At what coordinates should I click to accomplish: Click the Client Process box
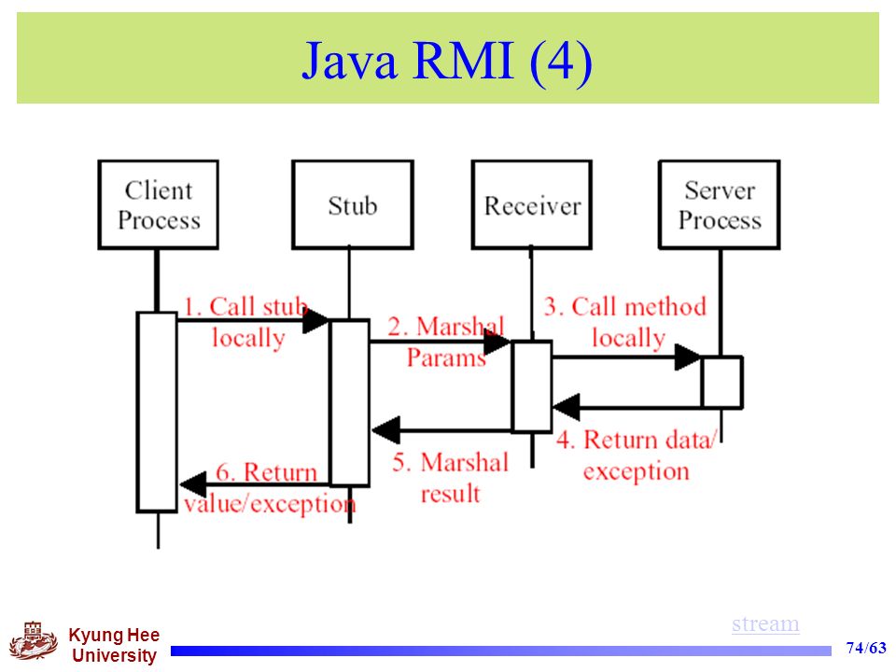pyautogui.click(x=159, y=204)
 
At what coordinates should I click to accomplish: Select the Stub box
pyautogui.click(x=353, y=204)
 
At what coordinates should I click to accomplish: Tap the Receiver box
pyautogui.click(x=531, y=204)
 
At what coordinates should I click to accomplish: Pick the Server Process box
pyautogui.click(x=720, y=204)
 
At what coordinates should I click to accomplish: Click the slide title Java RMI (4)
pyautogui.click(x=447, y=60)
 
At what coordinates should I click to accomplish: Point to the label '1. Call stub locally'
pyautogui.click(x=245, y=322)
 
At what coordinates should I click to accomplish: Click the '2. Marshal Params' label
pyautogui.click(x=446, y=342)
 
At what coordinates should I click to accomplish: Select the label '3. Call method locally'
pyautogui.click(x=625, y=322)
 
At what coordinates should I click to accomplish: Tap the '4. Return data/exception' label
pyautogui.click(x=636, y=455)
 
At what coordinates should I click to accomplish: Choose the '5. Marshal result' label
pyautogui.click(x=450, y=478)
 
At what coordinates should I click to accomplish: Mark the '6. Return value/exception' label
pyautogui.click(x=270, y=488)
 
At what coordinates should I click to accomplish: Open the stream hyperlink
pyautogui.click(x=765, y=623)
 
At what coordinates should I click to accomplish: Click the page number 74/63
pyautogui.click(x=866, y=648)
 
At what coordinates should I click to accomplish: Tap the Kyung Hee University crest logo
pyautogui.click(x=34, y=640)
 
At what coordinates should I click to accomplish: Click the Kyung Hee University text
pyautogui.click(x=114, y=645)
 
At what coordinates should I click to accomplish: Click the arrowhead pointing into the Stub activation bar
pyautogui.click(x=316, y=320)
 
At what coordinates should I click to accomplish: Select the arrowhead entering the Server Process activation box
pyautogui.click(x=688, y=357)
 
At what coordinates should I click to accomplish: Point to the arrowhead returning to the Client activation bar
pyautogui.click(x=193, y=484)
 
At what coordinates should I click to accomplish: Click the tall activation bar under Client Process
pyautogui.click(x=157, y=412)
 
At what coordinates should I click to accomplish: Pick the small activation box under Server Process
pyautogui.click(x=722, y=382)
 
